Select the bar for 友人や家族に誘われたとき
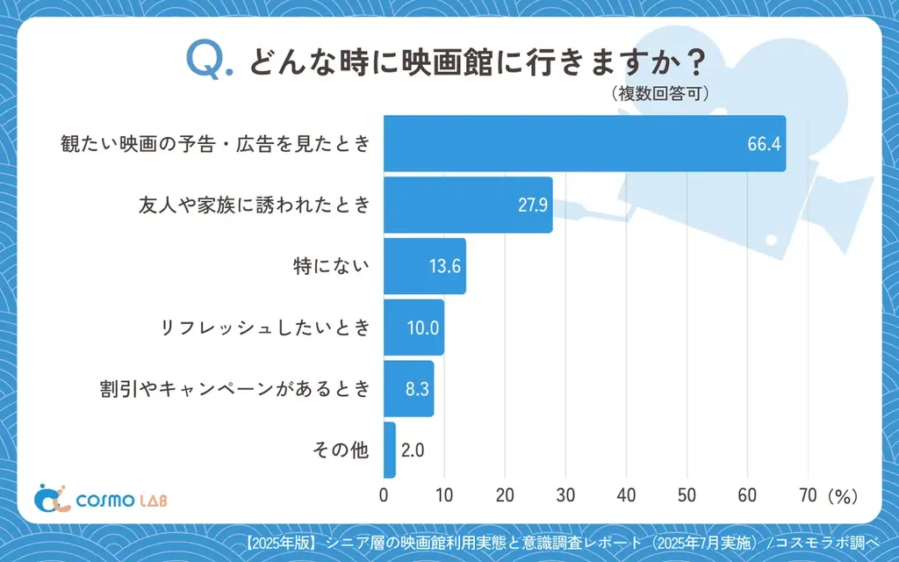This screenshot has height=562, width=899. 467,205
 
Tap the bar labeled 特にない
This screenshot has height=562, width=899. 424,266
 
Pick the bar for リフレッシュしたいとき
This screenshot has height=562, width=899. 414,328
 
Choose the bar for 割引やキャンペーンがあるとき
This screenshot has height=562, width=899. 408,389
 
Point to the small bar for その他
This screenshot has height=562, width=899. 390,450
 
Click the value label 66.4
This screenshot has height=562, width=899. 763,144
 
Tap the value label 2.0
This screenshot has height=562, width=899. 413,450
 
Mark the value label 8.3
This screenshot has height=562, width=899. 416,389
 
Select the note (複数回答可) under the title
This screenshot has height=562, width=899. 658,94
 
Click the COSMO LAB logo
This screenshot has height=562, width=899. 100,499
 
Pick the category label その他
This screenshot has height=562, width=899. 342,450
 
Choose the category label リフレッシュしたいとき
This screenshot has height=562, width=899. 265,328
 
